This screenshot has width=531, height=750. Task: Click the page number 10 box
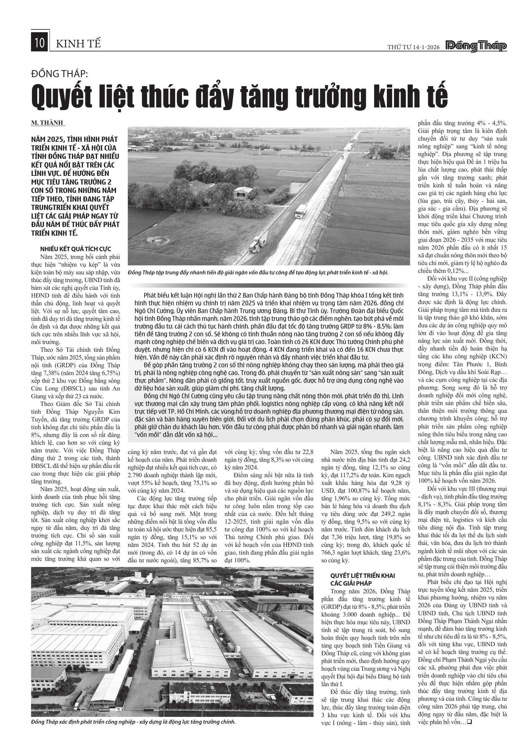(40, 43)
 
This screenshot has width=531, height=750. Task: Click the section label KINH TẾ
(78, 44)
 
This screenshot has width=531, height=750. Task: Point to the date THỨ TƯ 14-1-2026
(414, 47)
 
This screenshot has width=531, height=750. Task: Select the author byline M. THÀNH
(48, 123)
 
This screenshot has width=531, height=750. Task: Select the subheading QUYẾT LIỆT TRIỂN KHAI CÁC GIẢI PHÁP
(363, 579)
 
